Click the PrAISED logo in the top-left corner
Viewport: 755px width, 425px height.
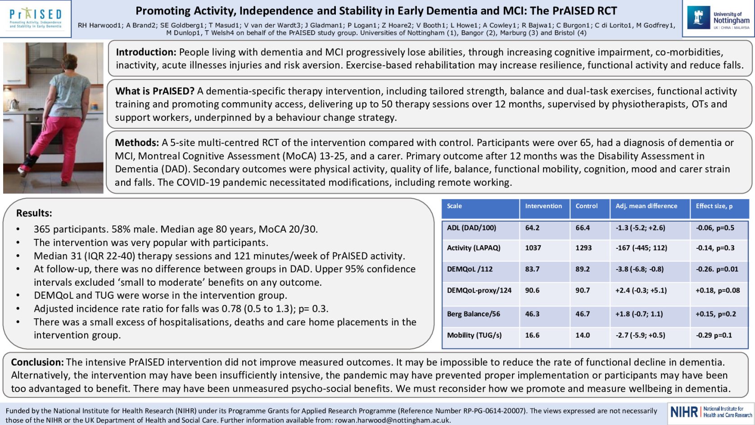tap(36, 18)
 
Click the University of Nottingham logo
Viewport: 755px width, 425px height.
tap(719, 18)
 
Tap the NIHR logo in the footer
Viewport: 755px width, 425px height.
tap(711, 412)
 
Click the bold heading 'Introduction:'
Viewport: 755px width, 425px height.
tap(146, 52)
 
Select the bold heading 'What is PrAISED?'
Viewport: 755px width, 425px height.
tap(154, 91)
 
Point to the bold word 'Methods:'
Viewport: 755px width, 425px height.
tap(137, 143)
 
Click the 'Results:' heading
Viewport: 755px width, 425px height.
tap(34, 213)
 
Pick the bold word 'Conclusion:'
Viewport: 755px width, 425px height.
tap(37, 362)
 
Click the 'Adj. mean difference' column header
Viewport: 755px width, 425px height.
tap(646, 206)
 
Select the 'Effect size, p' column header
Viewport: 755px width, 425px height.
tap(714, 206)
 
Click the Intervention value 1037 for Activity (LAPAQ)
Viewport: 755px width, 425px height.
tap(533, 248)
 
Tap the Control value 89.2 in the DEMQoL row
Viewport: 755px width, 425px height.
tap(583, 269)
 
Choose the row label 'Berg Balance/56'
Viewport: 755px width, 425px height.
tap(473, 314)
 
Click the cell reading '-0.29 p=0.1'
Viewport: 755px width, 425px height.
tap(714, 335)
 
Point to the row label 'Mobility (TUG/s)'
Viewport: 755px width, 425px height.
tap(474, 335)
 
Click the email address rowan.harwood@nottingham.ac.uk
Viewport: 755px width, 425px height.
tap(392, 420)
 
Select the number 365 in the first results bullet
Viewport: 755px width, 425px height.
tap(42, 229)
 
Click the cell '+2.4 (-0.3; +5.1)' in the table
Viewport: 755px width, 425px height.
tap(641, 291)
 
